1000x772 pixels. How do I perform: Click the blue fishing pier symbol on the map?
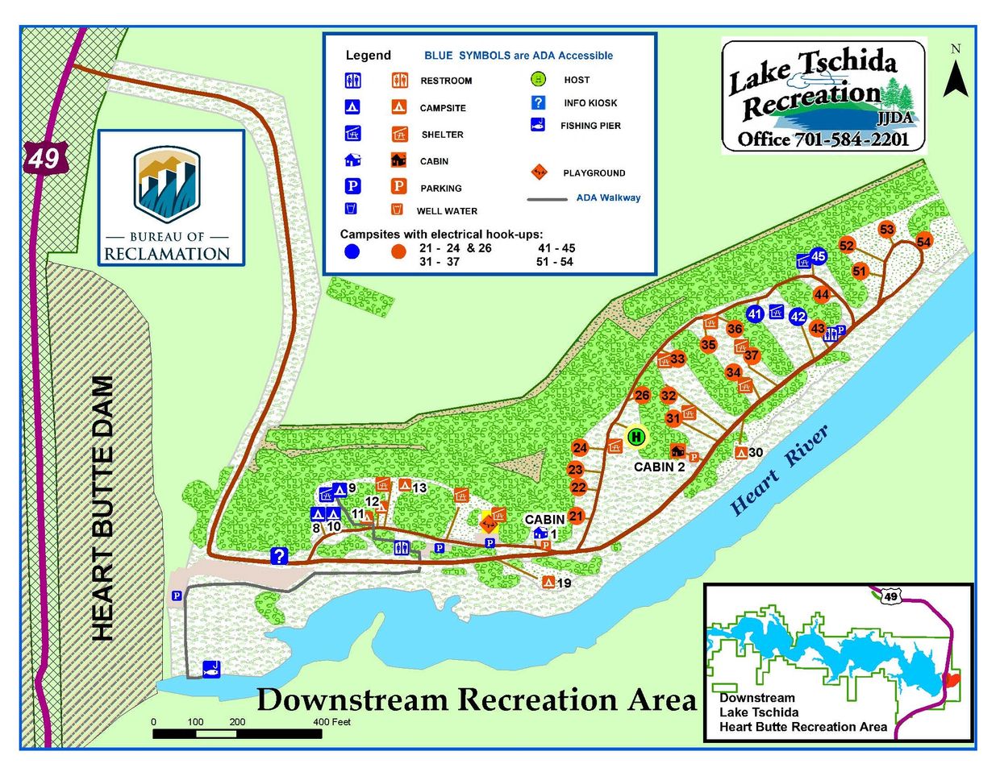[211, 668]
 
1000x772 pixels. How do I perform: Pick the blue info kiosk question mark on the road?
[279, 555]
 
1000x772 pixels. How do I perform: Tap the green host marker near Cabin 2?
[636, 437]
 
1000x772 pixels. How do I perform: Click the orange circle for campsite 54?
[923, 242]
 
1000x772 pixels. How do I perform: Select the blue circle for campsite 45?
[819, 256]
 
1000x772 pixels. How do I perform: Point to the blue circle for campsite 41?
[755, 313]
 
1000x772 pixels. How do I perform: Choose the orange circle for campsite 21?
[575, 516]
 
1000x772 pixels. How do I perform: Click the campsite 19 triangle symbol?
[548, 582]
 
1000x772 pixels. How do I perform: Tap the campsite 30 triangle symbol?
[740, 452]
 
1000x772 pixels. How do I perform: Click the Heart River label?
[778, 470]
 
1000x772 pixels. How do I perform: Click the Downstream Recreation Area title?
[476, 699]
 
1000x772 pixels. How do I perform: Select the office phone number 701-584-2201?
[852, 139]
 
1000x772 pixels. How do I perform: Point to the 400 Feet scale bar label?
[331, 722]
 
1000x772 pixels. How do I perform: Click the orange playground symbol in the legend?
[539, 172]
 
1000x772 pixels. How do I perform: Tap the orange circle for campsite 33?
[677, 359]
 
